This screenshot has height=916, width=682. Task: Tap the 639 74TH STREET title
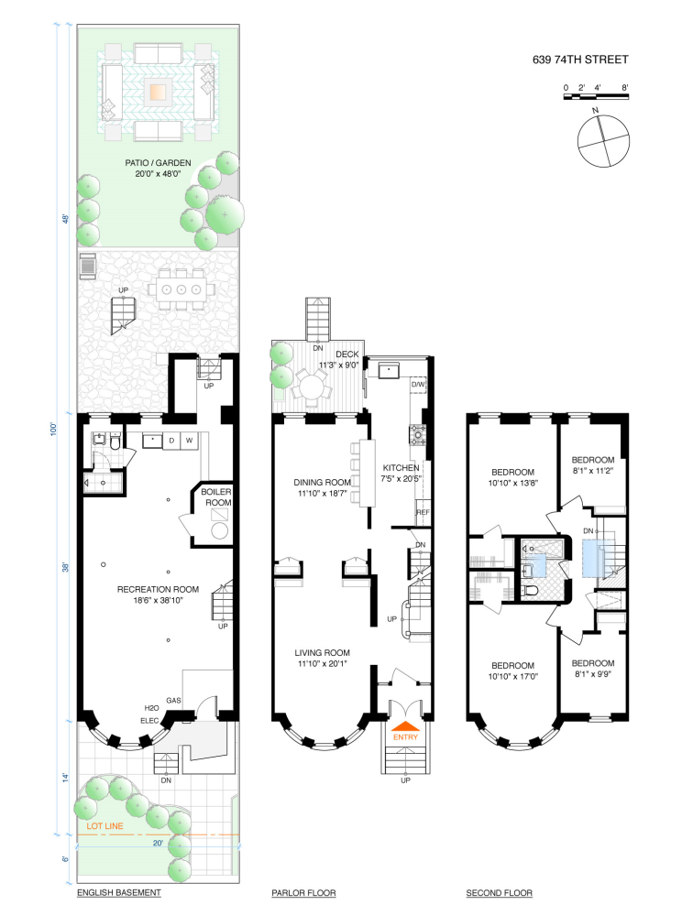tap(580, 61)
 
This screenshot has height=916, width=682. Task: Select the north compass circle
tap(602, 141)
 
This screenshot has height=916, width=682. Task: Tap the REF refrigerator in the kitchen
tap(423, 513)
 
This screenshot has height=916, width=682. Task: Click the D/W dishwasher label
tap(419, 385)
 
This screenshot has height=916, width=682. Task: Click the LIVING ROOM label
tap(322, 652)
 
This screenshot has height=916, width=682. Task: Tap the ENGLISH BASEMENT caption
tap(119, 892)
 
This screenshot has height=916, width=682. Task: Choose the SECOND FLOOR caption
tap(499, 892)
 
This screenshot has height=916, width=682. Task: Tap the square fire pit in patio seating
tap(159, 92)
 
